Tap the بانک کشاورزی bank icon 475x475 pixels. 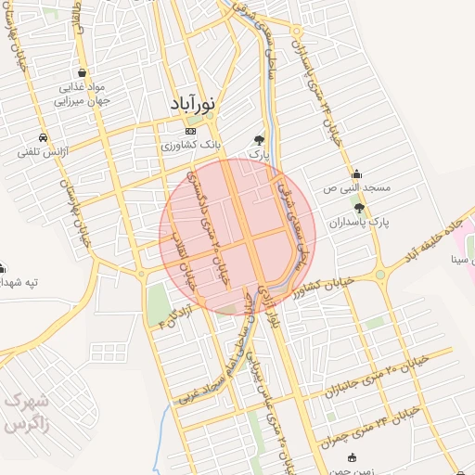tap(191, 131)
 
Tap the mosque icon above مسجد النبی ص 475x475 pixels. tap(358, 173)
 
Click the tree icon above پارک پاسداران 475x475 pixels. tap(359, 208)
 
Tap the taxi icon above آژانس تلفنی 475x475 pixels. tap(45, 135)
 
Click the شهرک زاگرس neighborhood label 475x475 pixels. tap(25, 413)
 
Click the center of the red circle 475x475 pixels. tap(237, 237)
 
